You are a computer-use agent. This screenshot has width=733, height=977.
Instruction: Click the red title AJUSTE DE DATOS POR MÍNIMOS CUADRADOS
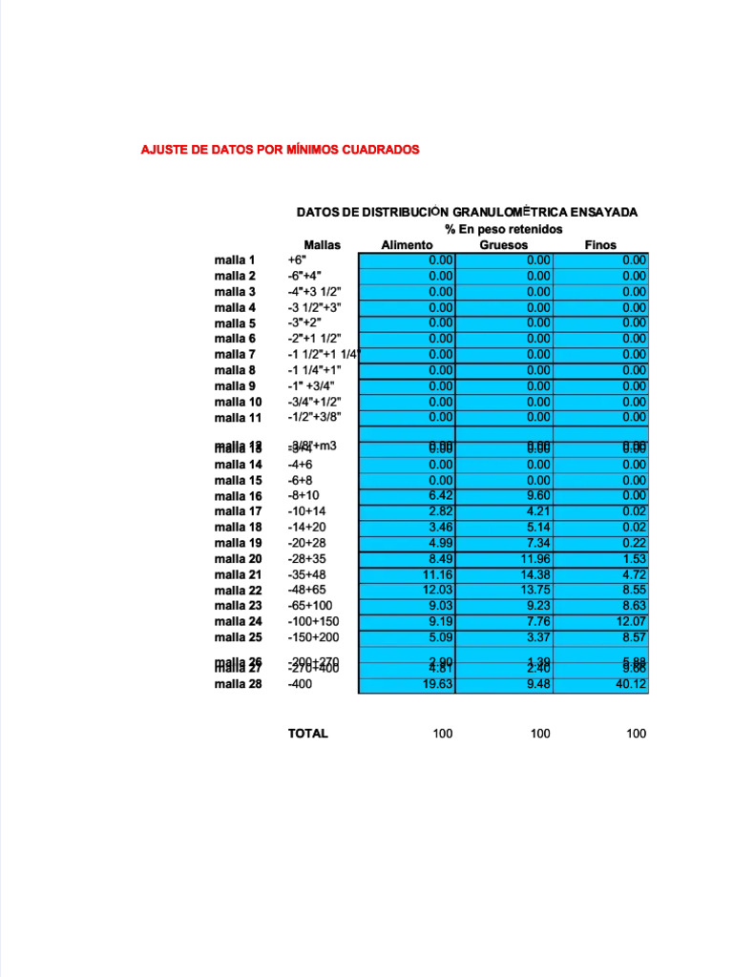click(280, 150)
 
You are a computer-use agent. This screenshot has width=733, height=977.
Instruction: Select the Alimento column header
click(407, 245)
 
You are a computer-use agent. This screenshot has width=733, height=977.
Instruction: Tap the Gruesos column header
click(503, 245)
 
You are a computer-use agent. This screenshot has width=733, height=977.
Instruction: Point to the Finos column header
click(600, 245)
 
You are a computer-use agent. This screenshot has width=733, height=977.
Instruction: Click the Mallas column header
click(322, 245)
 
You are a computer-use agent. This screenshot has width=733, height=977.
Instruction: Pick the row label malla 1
click(235, 260)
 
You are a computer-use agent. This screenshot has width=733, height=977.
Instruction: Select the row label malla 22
click(238, 591)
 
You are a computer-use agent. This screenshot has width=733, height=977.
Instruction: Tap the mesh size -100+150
click(312, 621)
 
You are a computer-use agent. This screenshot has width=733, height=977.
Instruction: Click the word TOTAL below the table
click(307, 734)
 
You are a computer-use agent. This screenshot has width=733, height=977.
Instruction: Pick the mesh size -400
click(300, 684)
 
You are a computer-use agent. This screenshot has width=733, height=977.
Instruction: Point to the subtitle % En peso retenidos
click(503, 230)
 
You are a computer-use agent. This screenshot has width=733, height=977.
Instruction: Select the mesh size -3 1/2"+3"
click(314, 307)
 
